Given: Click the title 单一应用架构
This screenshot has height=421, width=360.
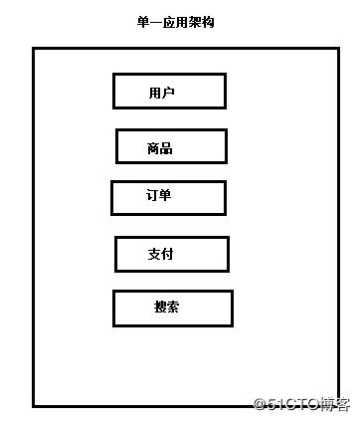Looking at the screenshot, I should [174, 22].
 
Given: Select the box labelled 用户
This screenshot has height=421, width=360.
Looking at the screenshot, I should [169, 91].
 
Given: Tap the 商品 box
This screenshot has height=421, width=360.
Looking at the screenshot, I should [172, 146].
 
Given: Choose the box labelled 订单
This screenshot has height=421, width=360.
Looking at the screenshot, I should [168, 197].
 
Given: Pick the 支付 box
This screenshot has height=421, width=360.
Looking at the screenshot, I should [172, 254].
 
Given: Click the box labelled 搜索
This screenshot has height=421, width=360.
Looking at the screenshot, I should [172, 308].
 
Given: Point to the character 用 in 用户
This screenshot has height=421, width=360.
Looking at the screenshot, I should [154, 94].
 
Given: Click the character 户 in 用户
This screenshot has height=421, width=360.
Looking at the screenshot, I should [168, 94].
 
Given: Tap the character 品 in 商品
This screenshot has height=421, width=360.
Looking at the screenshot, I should [166, 149].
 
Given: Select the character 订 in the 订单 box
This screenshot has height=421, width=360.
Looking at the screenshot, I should [152, 195].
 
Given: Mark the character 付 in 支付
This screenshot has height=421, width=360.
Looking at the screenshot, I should [167, 254].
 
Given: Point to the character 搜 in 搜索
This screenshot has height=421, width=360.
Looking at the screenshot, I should [160, 308].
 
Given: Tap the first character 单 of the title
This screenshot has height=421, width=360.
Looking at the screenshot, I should [143, 22].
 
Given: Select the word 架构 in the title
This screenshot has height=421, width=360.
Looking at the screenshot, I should [199, 22].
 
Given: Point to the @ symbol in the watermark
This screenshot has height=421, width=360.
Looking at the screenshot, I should [261, 403].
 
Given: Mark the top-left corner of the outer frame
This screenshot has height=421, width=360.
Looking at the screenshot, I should [34, 49].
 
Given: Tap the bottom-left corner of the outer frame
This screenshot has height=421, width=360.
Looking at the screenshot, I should [34, 405].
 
